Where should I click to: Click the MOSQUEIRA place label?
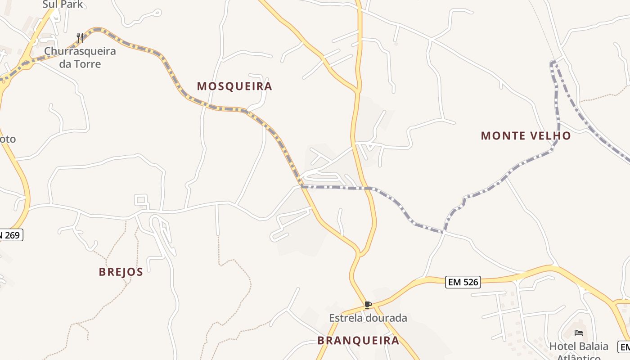coord(234,86)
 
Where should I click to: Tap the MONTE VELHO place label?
coord(526,135)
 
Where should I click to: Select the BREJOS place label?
coord(121,272)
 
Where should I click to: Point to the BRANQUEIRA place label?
coord(358,340)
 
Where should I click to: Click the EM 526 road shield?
coord(463,282)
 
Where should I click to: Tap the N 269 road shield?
coord(11,234)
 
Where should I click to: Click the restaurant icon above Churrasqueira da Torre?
coord(80,37)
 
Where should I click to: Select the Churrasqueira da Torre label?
coord(80,57)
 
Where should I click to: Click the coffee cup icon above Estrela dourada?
coord(368,305)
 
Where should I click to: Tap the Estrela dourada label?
coord(368,318)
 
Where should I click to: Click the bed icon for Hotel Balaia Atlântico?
coord(579,333)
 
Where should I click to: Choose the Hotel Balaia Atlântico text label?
coord(579,351)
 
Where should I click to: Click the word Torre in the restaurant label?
coord(87,64)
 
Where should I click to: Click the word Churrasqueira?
coord(80,51)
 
